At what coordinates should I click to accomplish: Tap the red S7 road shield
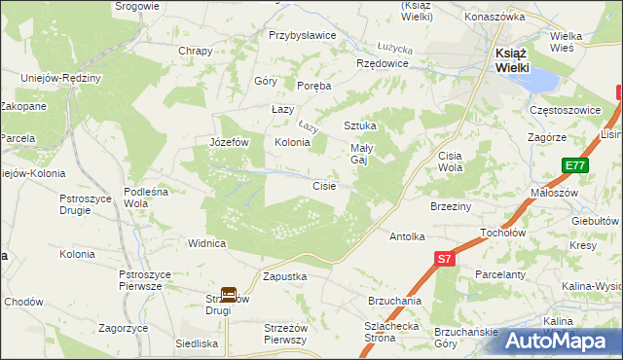[444, 259]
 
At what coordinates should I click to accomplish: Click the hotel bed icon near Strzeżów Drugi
[229, 293]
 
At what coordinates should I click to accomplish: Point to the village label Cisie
[324, 186]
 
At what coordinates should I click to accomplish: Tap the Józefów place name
[231, 142]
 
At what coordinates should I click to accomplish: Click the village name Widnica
[207, 243]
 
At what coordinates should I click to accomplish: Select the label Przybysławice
[303, 35]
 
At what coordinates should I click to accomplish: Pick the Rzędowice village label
[383, 63]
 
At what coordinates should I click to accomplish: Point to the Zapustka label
[285, 276]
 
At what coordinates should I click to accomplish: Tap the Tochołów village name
[503, 234]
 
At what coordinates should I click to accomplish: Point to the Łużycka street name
[396, 48]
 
